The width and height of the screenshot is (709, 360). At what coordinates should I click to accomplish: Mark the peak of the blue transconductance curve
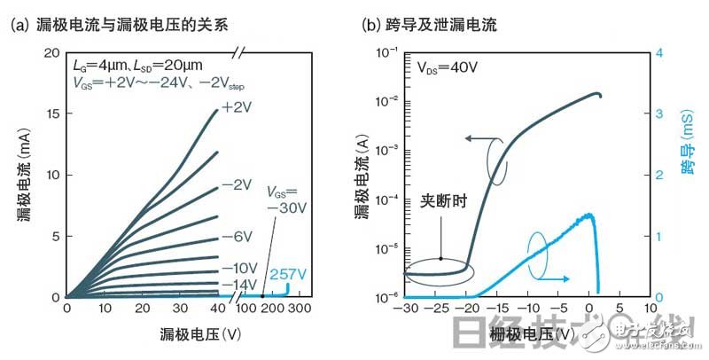coord(588,215)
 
